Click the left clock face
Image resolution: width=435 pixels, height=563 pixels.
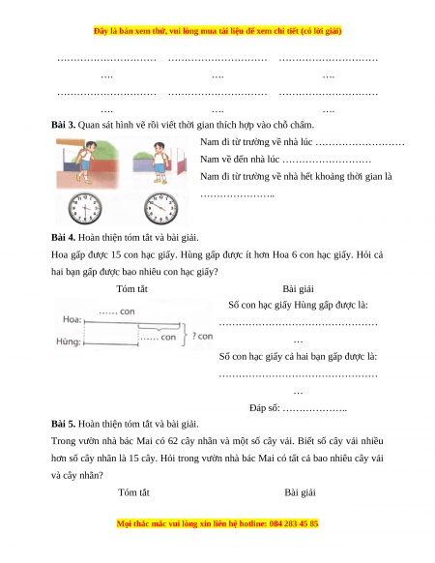(85, 209)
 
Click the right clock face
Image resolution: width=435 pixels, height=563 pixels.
(160, 209)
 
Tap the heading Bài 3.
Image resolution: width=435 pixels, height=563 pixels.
(63, 125)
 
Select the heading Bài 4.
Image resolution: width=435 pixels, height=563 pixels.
(63, 237)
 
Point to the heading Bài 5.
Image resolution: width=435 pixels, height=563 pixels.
(63, 424)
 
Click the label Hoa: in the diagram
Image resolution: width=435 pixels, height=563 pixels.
(72, 319)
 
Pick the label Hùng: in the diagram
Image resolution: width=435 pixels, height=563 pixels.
(69, 341)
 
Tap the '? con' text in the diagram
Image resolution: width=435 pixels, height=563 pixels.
(202, 336)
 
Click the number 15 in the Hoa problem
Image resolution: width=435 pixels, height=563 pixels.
(116, 255)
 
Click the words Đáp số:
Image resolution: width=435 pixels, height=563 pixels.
(265, 408)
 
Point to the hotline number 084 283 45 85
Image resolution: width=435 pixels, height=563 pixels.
(294, 524)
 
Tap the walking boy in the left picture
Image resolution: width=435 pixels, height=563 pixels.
(86, 162)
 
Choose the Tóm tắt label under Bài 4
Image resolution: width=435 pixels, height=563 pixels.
(131, 289)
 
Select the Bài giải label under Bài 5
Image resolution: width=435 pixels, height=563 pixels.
(300, 492)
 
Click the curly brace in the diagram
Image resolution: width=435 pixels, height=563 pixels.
(184, 334)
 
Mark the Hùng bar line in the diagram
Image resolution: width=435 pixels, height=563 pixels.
(111, 344)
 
